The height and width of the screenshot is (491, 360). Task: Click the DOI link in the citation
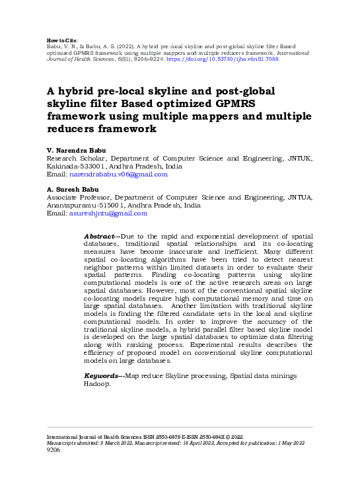(225, 58)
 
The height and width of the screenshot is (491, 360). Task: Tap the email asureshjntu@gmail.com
(108, 213)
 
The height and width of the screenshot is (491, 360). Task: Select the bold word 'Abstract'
(100, 236)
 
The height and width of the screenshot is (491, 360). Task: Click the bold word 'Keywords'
(101, 375)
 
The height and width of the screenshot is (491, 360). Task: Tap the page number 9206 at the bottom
(53, 450)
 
